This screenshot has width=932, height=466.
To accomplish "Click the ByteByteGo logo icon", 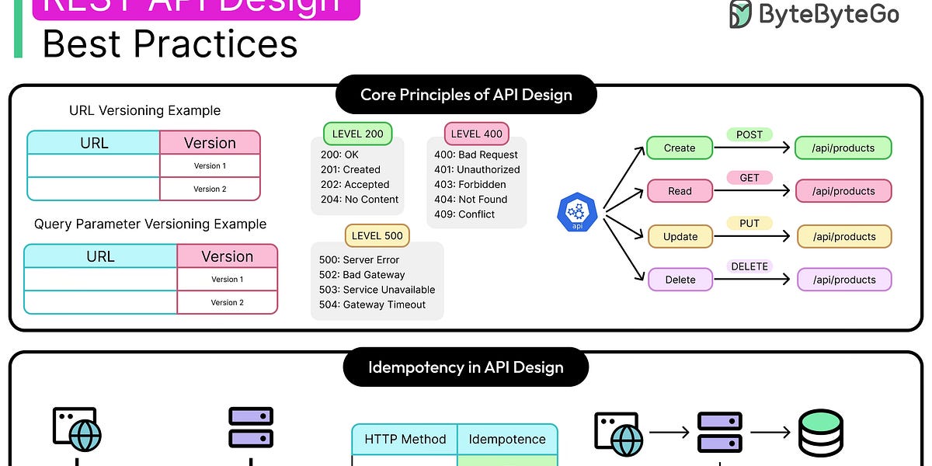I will pyautogui.click(x=740, y=14).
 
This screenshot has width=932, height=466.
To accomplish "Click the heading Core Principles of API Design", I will pyautogui.click(x=466, y=96).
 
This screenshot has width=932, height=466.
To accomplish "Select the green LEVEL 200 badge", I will pyautogui.click(x=357, y=134).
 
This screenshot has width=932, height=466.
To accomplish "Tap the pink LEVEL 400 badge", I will pyautogui.click(x=476, y=134).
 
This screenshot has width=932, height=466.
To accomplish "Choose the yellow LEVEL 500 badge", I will pyautogui.click(x=377, y=236).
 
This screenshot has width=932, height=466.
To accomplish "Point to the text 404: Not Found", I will pyautogui.click(x=471, y=200).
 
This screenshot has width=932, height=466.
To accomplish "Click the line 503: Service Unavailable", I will pyautogui.click(x=377, y=290).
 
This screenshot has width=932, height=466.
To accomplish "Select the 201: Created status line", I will pyautogui.click(x=350, y=169).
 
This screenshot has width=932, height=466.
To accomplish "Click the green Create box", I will pyautogui.click(x=680, y=148).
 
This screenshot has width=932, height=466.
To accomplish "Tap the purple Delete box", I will pyautogui.click(x=680, y=280).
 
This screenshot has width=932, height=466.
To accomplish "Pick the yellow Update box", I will pyautogui.click(x=680, y=237).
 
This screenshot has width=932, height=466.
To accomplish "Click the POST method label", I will pyautogui.click(x=749, y=134).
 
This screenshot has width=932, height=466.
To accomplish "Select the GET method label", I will pyautogui.click(x=749, y=178).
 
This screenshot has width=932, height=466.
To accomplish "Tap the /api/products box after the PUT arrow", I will pyautogui.click(x=844, y=237).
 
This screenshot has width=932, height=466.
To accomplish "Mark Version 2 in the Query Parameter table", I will pyautogui.click(x=228, y=302).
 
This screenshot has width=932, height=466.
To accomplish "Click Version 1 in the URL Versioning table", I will pyautogui.click(x=210, y=165).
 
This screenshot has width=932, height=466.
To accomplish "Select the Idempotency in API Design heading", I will pyautogui.click(x=466, y=367).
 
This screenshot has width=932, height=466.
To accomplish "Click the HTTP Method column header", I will pyautogui.click(x=405, y=440).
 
